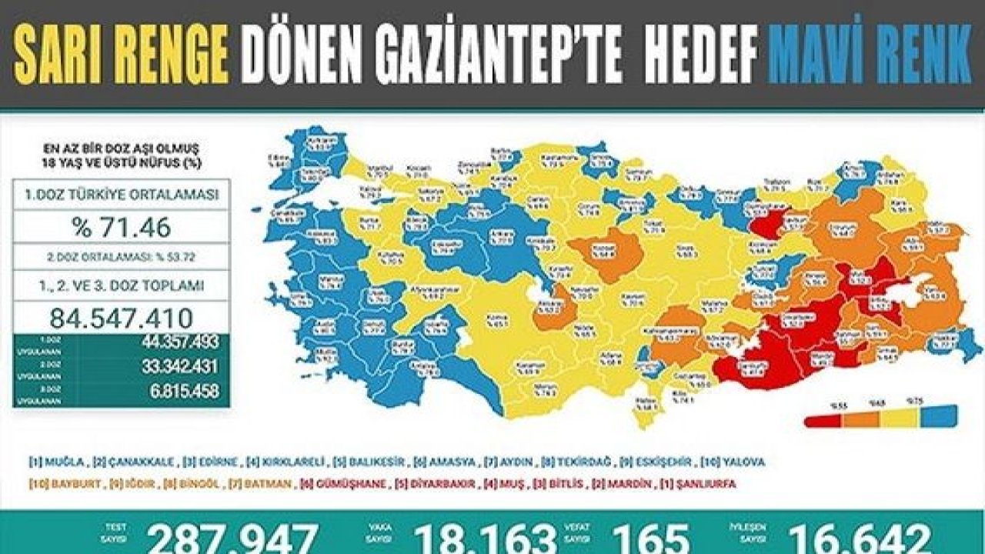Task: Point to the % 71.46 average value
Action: [x=121, y=228]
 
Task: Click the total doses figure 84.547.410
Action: [x=121, y=317]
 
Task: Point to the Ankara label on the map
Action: [x=505, y=238]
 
